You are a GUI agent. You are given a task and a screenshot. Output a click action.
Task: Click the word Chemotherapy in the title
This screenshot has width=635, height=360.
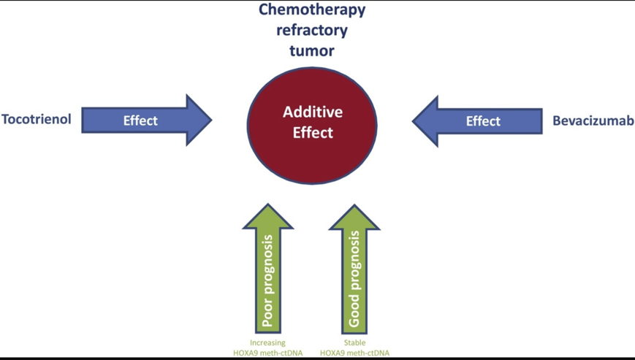[312, 10]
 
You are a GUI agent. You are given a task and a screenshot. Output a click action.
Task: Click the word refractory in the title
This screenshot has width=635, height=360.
[312, 31]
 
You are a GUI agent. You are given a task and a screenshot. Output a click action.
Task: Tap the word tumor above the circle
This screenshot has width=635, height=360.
[312, 51]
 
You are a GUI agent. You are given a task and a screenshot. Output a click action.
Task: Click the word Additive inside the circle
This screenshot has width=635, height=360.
[312, 112]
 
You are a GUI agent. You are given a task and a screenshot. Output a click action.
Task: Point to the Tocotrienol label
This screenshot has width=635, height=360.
[37, 120]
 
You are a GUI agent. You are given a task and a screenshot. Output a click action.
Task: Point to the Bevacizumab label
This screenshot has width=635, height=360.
[593, 120]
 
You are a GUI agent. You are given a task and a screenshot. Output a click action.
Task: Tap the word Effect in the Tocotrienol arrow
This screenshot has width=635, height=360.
[140, 120]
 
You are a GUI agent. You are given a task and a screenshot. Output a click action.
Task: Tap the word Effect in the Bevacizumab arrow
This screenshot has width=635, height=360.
[483, 121]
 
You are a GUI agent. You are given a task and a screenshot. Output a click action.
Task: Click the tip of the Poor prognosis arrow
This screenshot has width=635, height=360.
[268, 207]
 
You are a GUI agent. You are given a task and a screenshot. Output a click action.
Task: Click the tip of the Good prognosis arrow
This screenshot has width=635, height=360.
[354, 207]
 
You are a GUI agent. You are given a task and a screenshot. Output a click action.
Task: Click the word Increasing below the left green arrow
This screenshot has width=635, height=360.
[267, 342]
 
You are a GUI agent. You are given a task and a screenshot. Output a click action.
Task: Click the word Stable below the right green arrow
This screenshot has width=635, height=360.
[354, 342]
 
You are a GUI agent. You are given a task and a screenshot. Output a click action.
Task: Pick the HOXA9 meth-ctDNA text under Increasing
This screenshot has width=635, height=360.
[267, 353]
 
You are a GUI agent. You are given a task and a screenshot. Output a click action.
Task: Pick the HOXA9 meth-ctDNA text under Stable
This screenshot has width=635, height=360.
[354, 353]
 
